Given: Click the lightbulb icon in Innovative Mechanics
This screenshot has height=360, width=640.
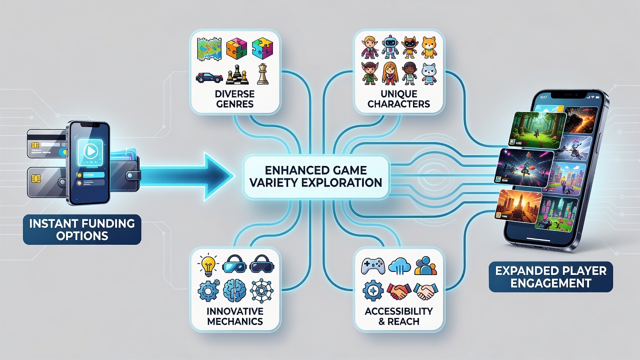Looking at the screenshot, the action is (x=208, y=265).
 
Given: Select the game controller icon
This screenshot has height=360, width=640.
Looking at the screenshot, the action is (x=373, y=266).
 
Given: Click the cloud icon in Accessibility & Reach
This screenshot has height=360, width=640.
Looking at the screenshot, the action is (x=399, y=266).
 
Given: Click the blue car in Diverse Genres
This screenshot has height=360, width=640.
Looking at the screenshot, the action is (x=209, y=77).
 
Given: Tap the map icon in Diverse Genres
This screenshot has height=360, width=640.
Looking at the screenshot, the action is (x=209, y=49).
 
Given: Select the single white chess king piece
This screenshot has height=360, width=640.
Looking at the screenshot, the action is (x=262, y=74).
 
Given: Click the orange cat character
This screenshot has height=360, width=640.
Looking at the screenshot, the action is (x=429, y=47).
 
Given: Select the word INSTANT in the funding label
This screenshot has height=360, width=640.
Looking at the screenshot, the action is (x=54, y=223).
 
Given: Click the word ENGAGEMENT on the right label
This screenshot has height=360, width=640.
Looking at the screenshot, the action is (x=551, y=283).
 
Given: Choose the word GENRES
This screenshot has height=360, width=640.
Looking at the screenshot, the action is (x=235, y=103).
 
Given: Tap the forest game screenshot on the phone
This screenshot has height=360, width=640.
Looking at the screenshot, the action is (x=536, y=130).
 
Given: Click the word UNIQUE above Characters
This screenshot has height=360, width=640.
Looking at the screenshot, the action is (x=399, y=93).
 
